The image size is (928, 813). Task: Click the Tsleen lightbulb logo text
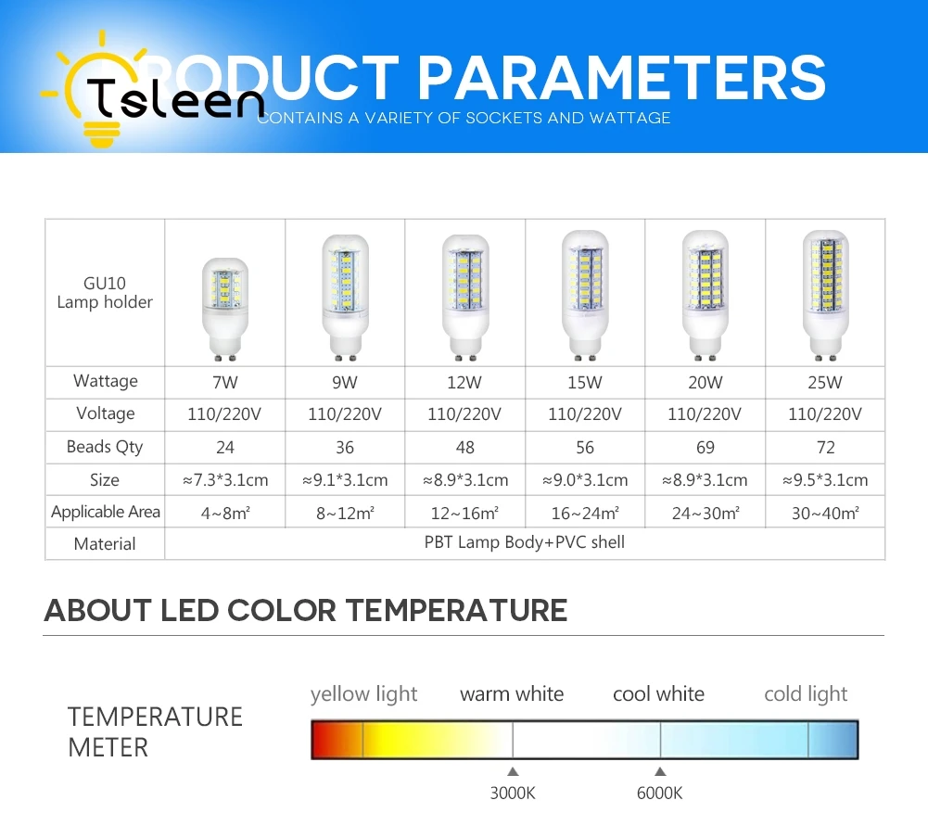point(176,97)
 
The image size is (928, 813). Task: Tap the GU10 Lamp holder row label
point(105,292)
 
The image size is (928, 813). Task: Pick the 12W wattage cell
point(464,382)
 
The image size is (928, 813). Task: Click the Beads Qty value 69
point(705,448)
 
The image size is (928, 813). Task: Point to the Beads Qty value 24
point(224,448)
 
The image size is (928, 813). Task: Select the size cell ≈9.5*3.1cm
point(824,480)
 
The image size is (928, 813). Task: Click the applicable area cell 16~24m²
point(584,513)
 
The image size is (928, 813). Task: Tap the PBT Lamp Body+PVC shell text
point(524,542)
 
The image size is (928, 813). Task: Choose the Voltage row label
point(105,414)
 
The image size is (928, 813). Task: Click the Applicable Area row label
point(105,512)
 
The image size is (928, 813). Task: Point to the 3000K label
point(512,793)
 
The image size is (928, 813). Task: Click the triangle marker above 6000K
point(659,770)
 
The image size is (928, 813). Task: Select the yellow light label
point(363,693)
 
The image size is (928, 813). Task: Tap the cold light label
point(805,693)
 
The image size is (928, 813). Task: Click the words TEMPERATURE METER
point(155,731)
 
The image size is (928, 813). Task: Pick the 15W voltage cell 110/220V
point(584,414)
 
